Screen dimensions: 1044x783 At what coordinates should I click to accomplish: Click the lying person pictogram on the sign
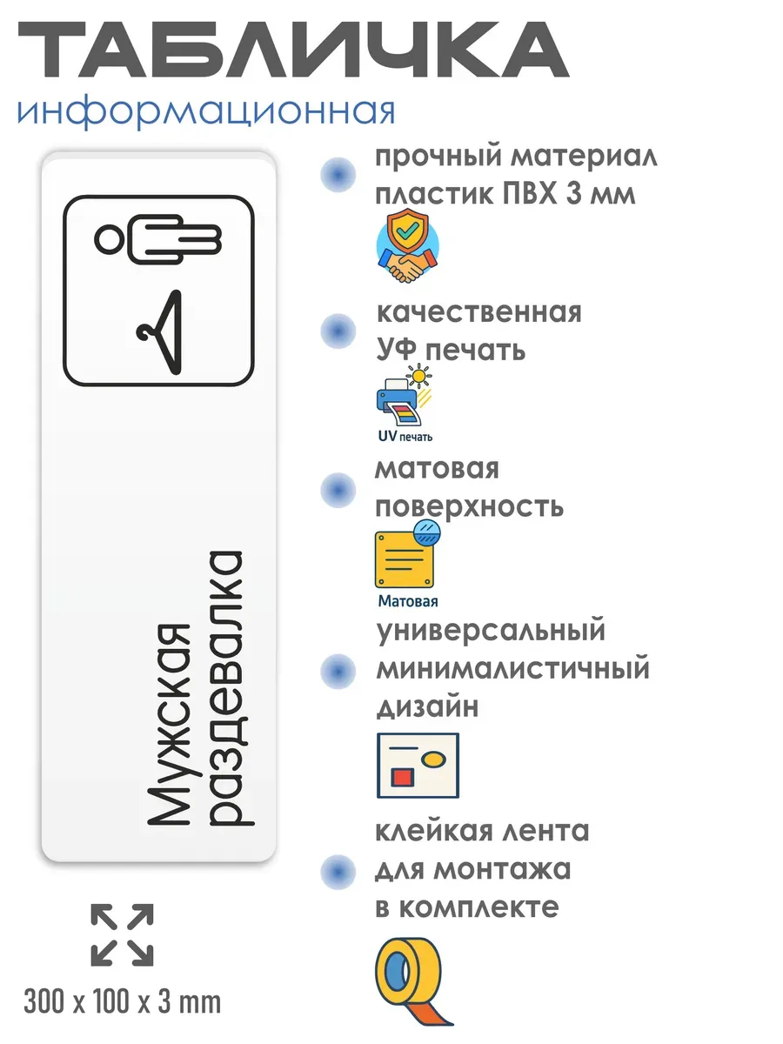click(160, 240)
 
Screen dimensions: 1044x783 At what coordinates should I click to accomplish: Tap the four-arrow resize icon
click(122, 934)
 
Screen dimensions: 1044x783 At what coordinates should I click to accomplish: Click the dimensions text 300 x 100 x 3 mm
click(123, 1003)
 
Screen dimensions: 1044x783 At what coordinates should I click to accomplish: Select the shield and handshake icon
click(407, 247)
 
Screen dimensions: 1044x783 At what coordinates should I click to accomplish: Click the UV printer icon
click(405, 403)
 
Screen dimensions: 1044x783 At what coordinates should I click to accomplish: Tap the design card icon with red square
click(418, 765)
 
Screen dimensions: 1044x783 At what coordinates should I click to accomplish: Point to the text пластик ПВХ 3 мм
click(505, 195)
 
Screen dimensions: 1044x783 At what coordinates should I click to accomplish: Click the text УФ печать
click(451, 350)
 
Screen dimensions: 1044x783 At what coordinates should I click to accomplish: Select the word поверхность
click(469, 507)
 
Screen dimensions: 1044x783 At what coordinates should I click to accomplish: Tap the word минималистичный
click(512, 670)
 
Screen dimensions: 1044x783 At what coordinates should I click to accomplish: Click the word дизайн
click(427, 708)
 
